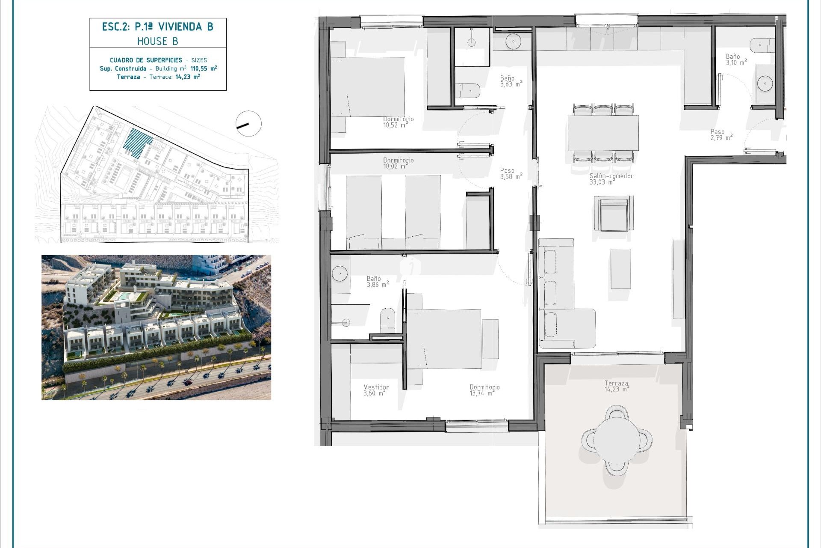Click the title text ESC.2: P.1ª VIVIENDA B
157,27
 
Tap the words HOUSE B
157,42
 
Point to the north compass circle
248,124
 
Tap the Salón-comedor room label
611,179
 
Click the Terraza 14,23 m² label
617,386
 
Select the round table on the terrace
617,440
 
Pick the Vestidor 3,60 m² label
376,390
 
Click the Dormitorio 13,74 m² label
484,390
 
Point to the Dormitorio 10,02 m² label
398,163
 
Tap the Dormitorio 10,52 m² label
398,122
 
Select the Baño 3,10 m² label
736,60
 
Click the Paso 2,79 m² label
721,135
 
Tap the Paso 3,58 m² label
511,173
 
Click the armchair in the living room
613,214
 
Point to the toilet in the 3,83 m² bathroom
468,91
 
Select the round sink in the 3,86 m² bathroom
340,274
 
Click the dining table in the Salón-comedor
603,133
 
